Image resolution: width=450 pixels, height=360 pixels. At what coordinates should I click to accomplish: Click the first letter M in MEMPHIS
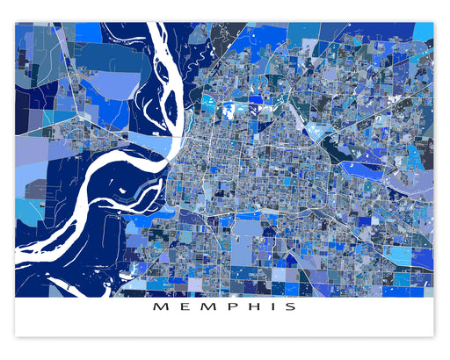(158, 307)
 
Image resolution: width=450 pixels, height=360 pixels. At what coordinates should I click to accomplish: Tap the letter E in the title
(180, 307)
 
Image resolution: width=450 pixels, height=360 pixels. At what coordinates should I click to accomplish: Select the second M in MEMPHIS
(204, 307)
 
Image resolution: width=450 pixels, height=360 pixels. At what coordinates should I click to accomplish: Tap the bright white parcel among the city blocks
(235, 109)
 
